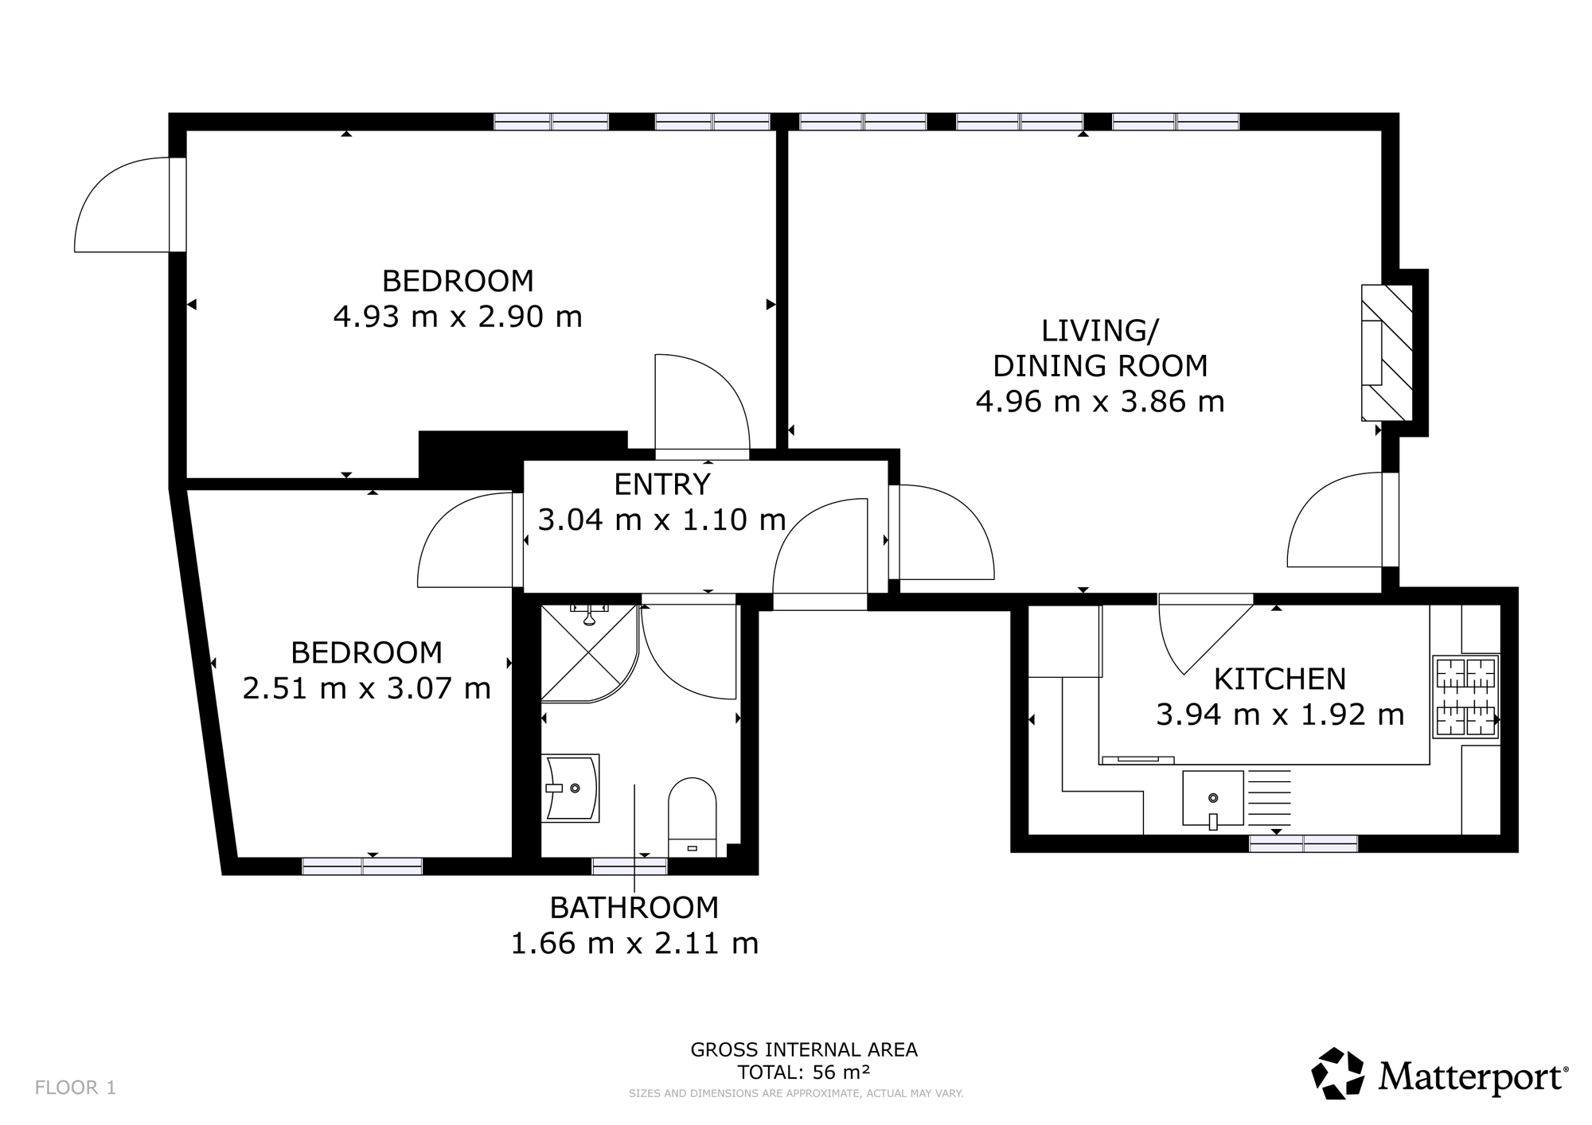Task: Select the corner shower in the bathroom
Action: click(589, 653)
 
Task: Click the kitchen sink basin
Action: click(1213, 798)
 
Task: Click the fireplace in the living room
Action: click(1387, 352)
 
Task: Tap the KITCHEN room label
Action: click(1280, 679)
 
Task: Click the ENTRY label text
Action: click(662, 484)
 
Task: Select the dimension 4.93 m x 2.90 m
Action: click(458, 317)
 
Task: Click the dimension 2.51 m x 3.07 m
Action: click(367, 687)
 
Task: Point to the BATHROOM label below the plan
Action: click(634, 907)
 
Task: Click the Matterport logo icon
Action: click(1338, 1074)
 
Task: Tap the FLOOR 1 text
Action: click(76, 1088)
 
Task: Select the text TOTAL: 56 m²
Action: click(804, 1072)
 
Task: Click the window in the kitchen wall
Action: click(1303, 843)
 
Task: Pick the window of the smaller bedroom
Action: click(362, 866)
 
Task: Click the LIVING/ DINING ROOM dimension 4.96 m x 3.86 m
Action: click(1100, 402)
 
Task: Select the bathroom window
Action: click(630, 866)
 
